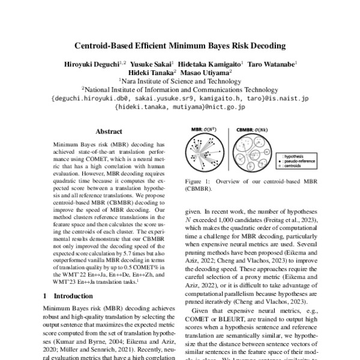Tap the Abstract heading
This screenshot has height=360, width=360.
[x=109, y=131]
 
